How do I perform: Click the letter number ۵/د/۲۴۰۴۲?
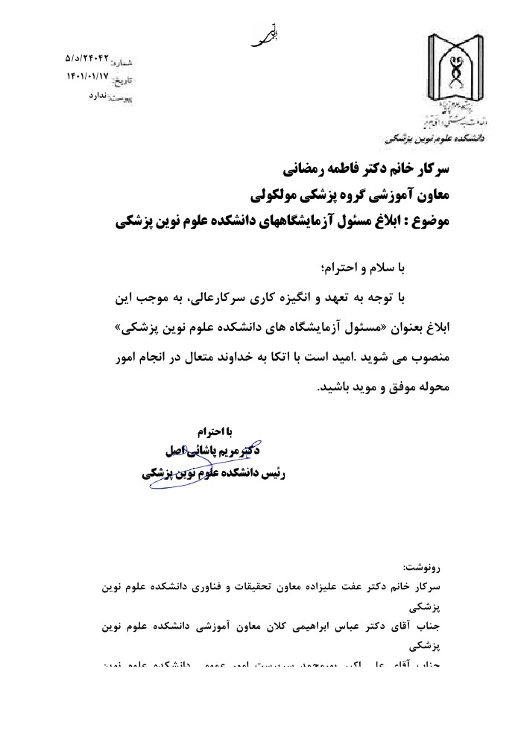click(87, 57)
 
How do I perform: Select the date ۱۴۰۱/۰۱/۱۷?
click(87, 75)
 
